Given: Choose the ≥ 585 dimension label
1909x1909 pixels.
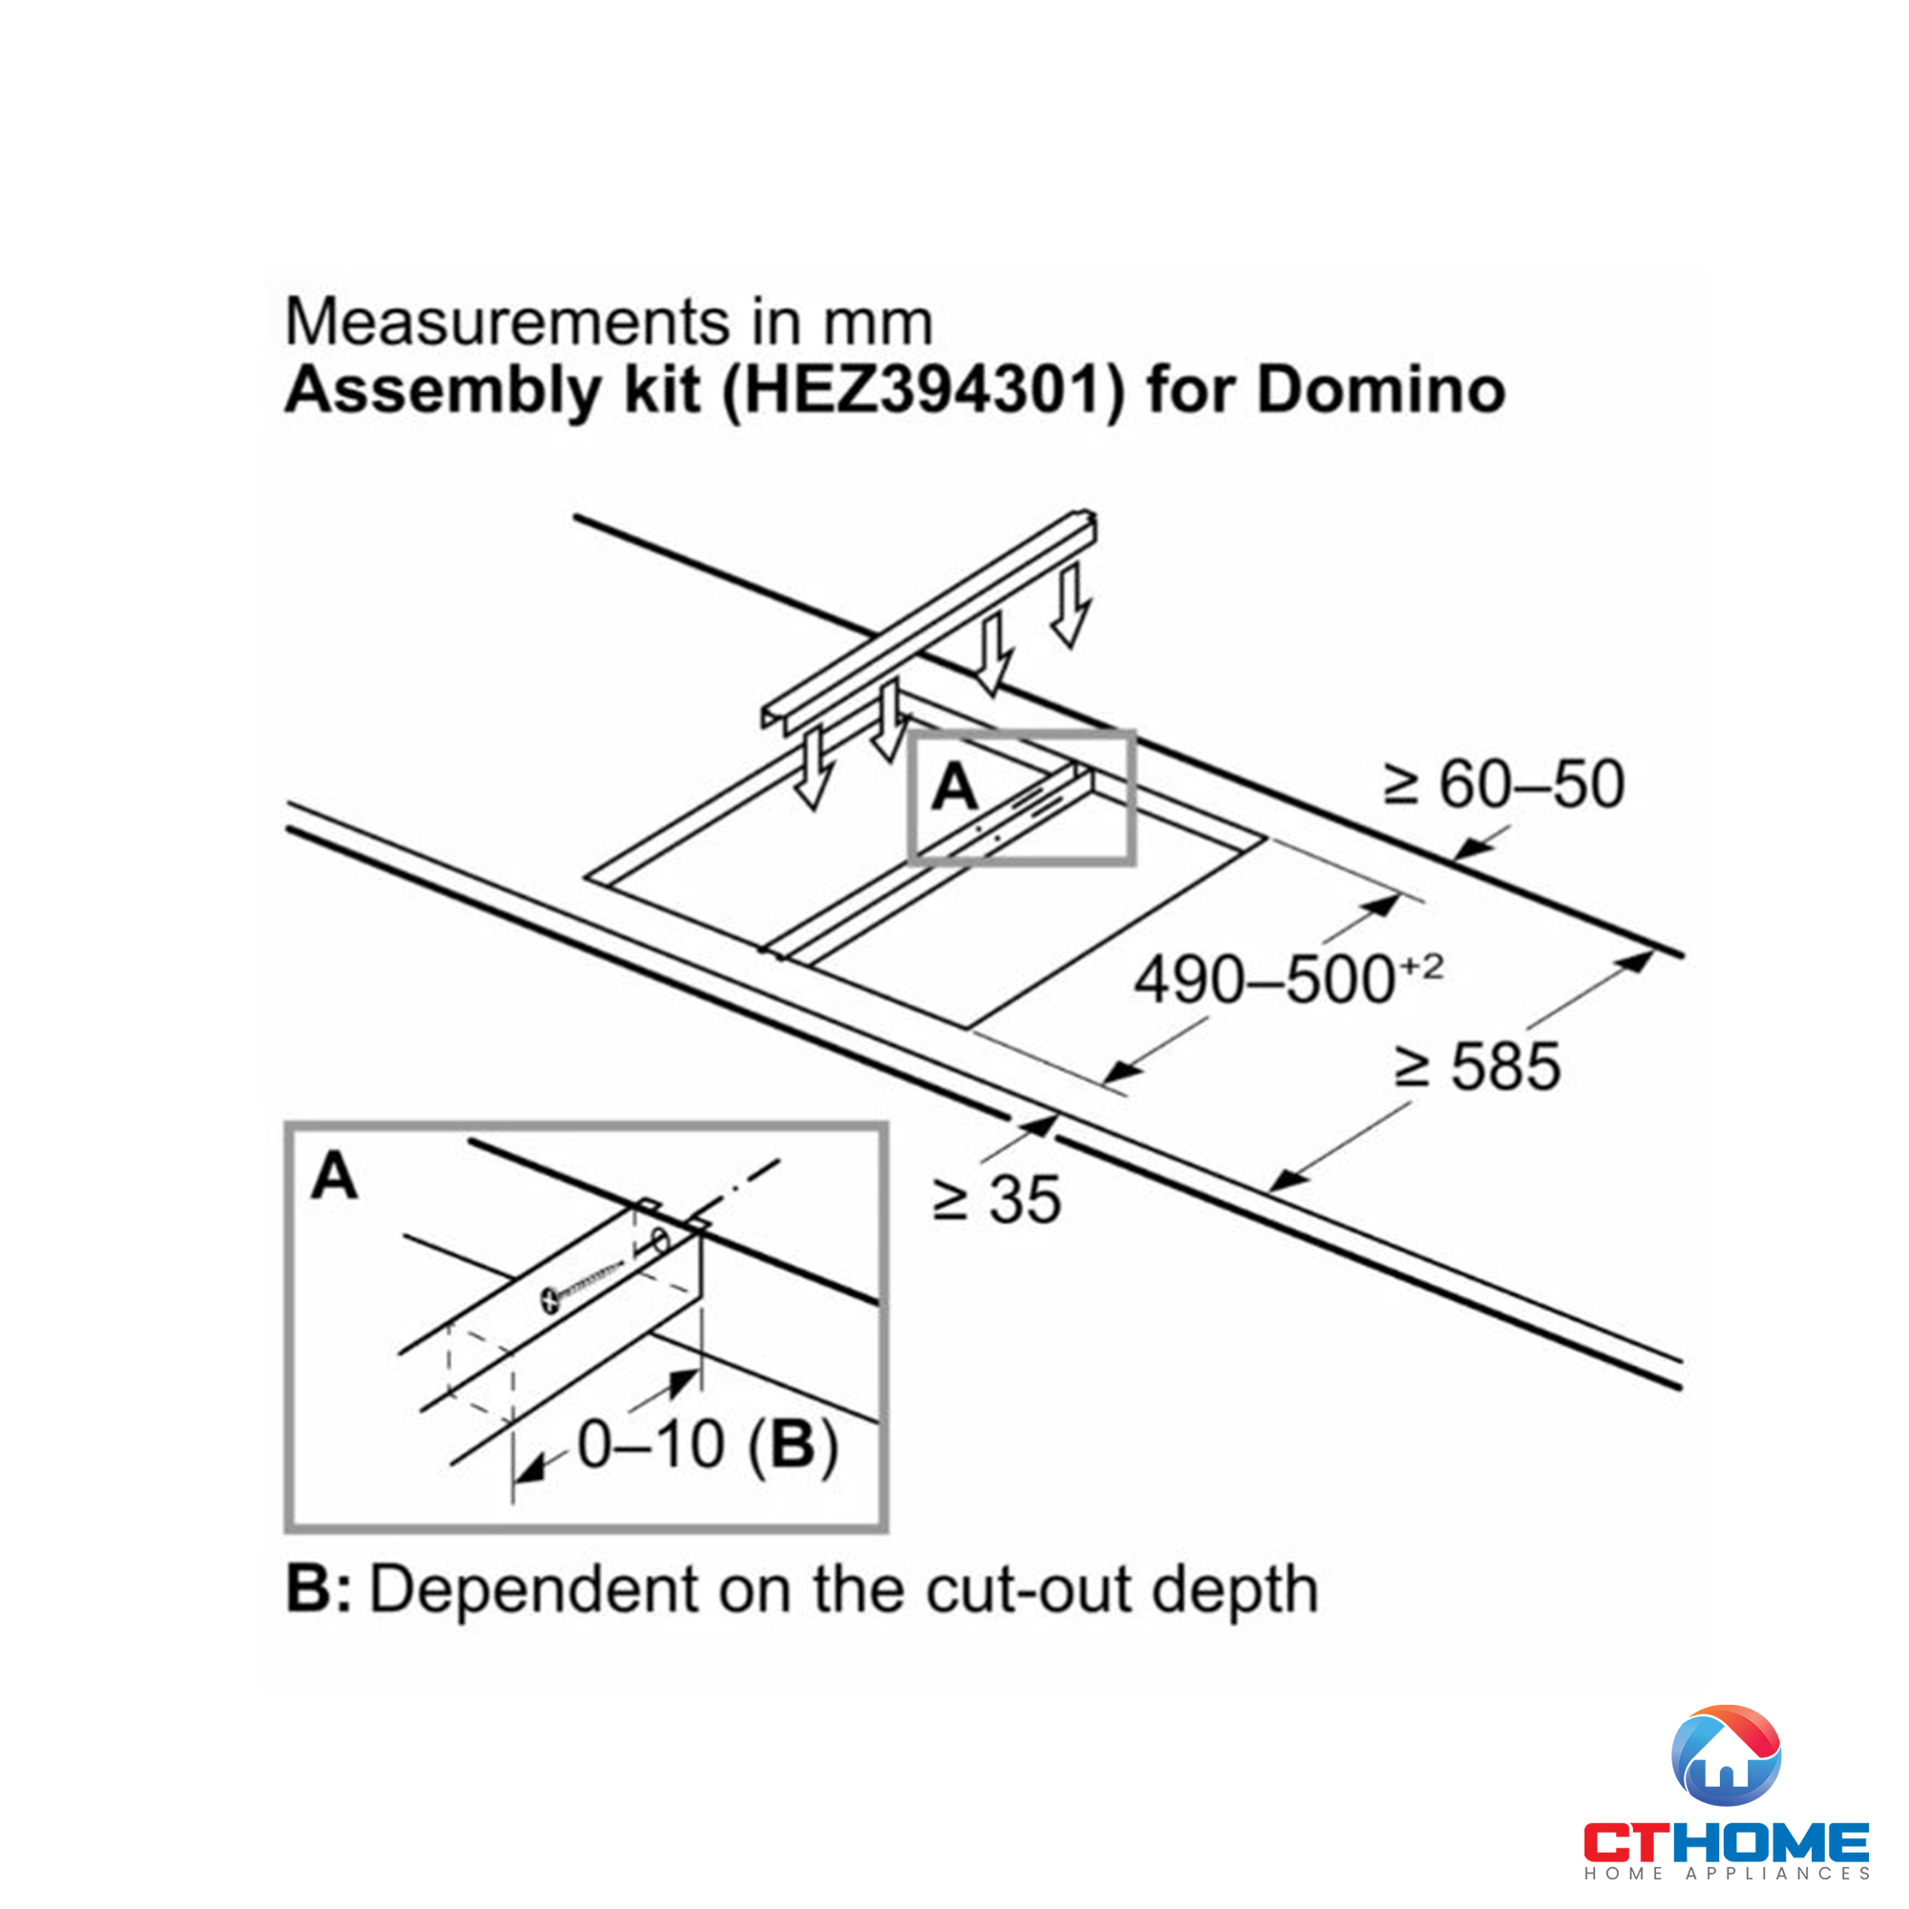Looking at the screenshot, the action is tap(1478, 1067).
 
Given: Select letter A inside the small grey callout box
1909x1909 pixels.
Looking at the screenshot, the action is tap(954, 788).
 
